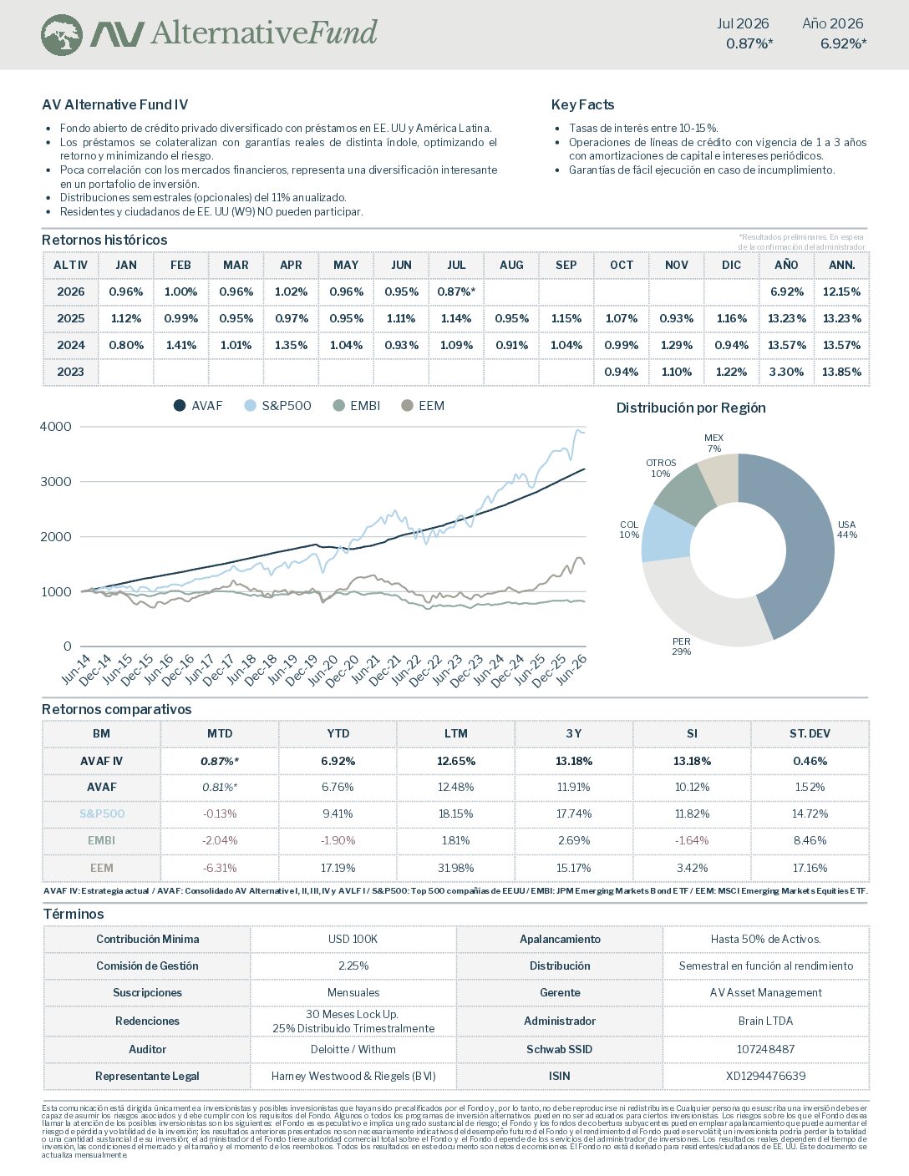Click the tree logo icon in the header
pos(62,35)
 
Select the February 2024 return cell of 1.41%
pos(180,345)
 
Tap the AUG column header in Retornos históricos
pos(511,265)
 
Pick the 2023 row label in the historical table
pos(70,372)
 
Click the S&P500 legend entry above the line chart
pos(277,406)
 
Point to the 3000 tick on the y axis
pos(56,482)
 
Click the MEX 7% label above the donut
pos(714,444)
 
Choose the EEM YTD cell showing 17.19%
pos(338,868)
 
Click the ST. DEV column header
pos(810,734)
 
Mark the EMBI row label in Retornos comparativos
pos(101,840)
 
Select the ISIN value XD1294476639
pos(765,1076)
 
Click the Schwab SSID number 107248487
pos(765,1049)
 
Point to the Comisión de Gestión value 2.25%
pos(353,966)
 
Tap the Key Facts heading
pos(582,104)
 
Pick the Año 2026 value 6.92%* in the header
pos(844,43)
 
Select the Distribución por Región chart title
pos(691,408)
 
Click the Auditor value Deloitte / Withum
pos(353,1049)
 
